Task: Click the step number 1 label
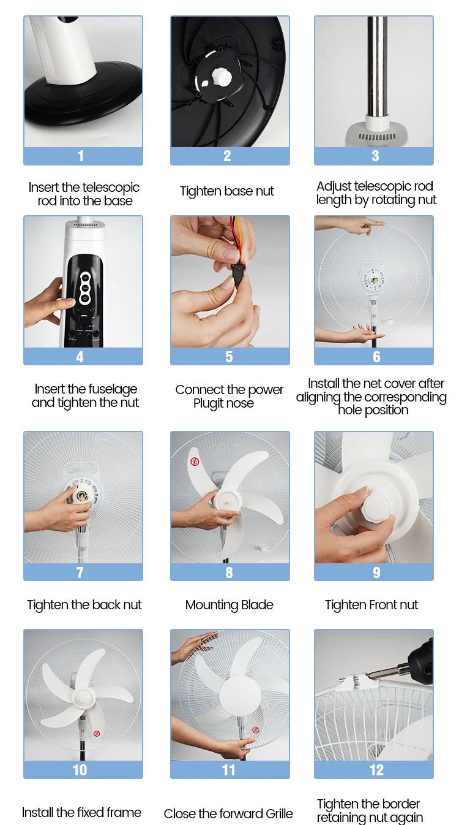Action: click(81, 156)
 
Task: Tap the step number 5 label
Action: click(229, 357)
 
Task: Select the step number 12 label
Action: click(376, 770)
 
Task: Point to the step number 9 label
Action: click(376, 572)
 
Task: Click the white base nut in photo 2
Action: click(221, 77)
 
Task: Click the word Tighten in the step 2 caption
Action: click(201, 191)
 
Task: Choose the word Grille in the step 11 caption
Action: click(276, 813)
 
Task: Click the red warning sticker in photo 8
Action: click(195, 461)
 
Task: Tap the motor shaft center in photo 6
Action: click(375, 281)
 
